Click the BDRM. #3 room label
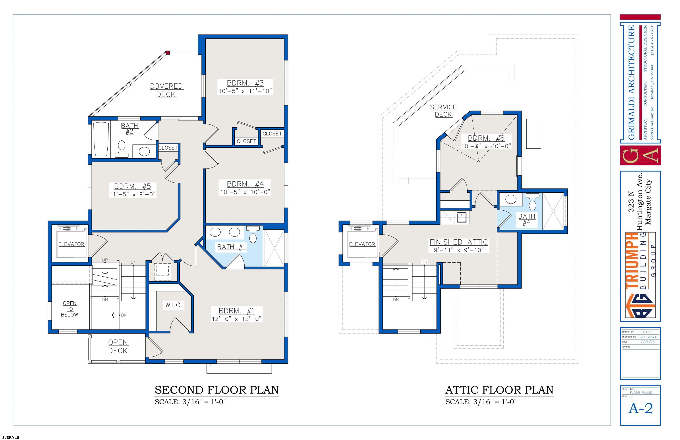[245, 83]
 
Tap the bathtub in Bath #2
[101, 139]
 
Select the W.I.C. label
[174, 305]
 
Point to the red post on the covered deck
[168, 52]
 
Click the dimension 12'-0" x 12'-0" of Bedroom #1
[236, 319]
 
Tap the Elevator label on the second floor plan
[71, 244]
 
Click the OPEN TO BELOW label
[70, 309]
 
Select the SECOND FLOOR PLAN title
[216, 390]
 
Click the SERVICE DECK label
[443, 110]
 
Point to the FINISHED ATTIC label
[459, 242]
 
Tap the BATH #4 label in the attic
[527, 219]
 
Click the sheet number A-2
[641, 409]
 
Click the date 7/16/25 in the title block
[648, 342]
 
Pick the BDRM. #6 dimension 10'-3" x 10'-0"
[486, 146]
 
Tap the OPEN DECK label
[118, 346]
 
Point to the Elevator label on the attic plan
[362, 244]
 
